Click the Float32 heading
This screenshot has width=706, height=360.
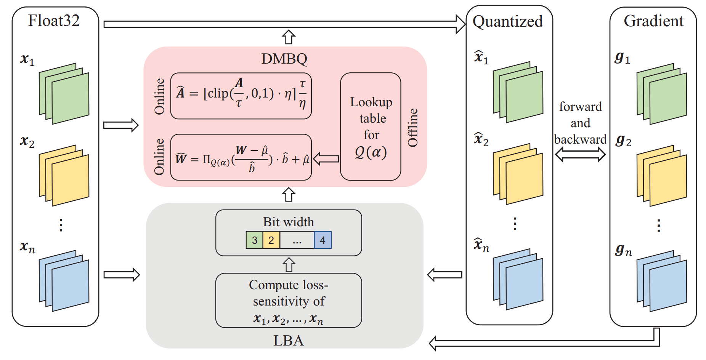[54, 21]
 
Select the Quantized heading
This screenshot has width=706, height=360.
[507, 21]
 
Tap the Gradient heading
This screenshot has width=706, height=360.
[653, 21]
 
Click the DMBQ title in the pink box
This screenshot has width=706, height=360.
[284, 59]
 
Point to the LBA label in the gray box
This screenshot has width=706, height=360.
[288, 340]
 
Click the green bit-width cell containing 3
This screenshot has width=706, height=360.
[254, 240]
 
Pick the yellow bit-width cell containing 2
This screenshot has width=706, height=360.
[271, 240]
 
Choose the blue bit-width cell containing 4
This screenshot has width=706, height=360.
[323, 240]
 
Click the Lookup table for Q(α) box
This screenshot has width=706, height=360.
[371, 126]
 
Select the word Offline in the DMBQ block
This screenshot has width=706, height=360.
[413, 128]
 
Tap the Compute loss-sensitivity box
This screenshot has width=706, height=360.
[289, 300]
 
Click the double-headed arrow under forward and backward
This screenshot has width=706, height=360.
[580, 154]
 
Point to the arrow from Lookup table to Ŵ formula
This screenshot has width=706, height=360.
[326, 158]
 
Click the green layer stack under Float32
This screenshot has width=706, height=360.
[64, 94]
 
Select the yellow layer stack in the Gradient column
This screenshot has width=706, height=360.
[662, 176]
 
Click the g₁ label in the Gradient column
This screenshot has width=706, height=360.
[622, 58]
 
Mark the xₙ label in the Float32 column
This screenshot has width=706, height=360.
[27, 247]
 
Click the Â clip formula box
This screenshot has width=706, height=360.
[241, 96]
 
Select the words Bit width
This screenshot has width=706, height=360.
[288, 222]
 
